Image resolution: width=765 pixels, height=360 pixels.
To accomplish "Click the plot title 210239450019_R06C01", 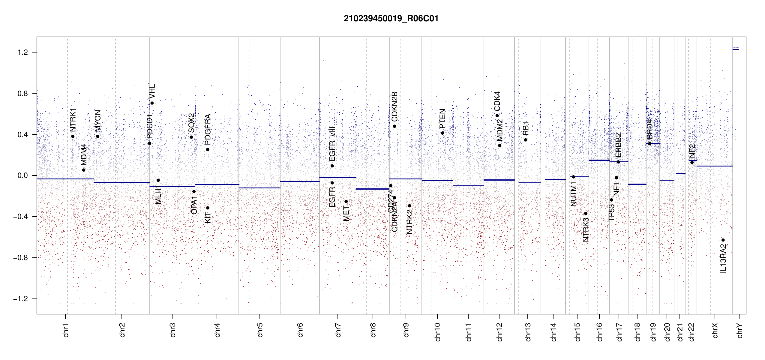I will click(391, 19).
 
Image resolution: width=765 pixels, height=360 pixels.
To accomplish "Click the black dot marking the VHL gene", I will click(152, 103).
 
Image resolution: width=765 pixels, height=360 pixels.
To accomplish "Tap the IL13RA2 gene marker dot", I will click(723, 240).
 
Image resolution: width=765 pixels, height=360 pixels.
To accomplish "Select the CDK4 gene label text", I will click(497, 101).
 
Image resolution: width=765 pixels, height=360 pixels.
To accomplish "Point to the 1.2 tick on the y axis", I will click(22, 52).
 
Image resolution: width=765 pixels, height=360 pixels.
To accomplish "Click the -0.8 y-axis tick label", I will click(20, 258).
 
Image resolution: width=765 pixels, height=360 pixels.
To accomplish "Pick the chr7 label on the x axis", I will click(338, 330).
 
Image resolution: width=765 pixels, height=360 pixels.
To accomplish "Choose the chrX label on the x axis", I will click(715, 330).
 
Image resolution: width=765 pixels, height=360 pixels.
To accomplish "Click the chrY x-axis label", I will click(739, 330).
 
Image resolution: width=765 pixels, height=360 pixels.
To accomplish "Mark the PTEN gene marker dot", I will click(442, 133).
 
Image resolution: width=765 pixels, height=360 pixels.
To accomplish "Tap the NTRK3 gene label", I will click(586, 230).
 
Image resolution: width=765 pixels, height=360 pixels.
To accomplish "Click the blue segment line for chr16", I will click(599, 160).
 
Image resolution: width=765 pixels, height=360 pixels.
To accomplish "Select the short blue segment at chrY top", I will click(736, 49).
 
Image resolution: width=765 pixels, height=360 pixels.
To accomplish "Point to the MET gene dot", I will click(346, 202).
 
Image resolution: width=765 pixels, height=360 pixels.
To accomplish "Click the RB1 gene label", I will click(526, 128).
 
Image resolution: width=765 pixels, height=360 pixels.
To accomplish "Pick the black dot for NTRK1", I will click(73, 136).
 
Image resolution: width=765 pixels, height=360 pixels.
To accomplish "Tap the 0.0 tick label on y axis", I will click(22, 176).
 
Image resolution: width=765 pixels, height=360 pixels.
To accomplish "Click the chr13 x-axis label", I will click(528, 332).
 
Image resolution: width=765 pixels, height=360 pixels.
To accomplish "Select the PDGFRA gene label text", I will click(208, 127).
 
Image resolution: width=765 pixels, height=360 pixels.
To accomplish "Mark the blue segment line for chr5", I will click(259, 188).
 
